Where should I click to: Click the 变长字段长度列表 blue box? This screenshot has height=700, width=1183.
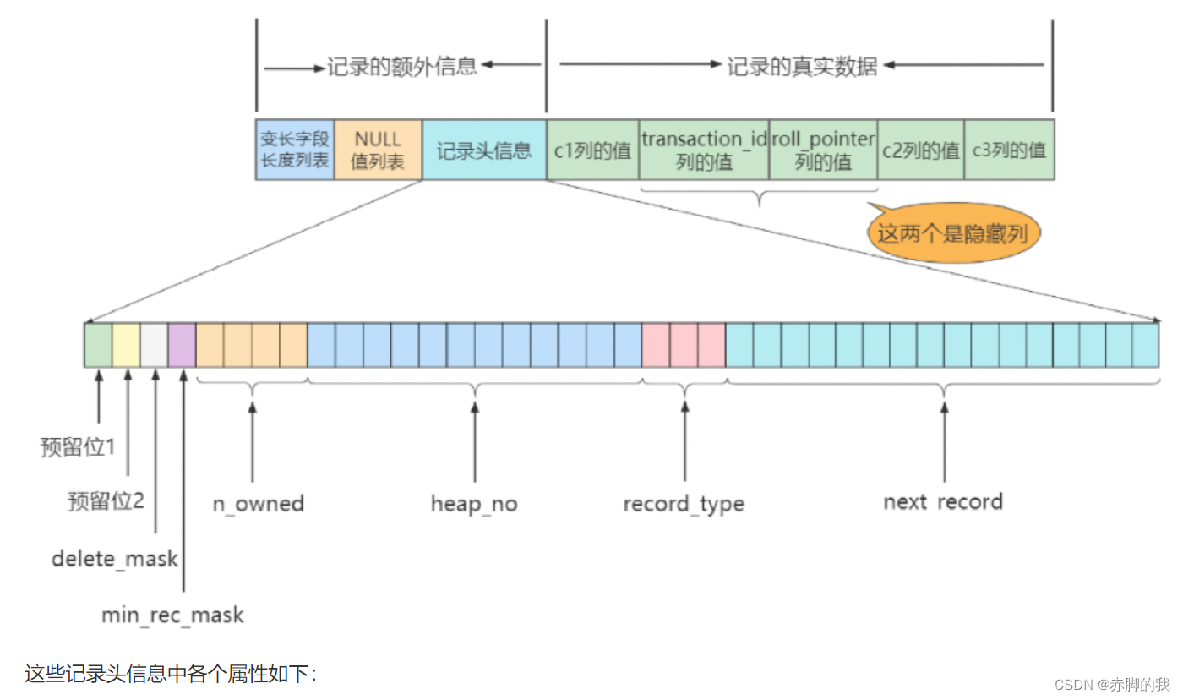coord(294,150)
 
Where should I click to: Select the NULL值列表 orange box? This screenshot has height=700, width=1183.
coord(378,150)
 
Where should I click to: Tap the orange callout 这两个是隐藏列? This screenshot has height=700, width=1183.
coord(953,232)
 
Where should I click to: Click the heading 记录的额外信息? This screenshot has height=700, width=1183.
coord(401,67)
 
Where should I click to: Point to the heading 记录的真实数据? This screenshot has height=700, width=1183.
coord(802,67)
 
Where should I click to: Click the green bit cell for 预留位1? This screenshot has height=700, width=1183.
coord(98,345)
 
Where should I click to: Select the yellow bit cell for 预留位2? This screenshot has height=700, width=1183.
coord(126,345)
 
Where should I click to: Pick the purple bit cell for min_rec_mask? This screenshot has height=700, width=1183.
coord(182,345)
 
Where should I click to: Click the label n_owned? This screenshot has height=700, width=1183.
coord(258,504)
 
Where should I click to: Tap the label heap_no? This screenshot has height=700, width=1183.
coord(474,504)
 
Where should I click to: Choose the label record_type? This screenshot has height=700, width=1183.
coord(684,504)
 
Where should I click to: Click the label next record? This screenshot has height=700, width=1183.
coord(943,501)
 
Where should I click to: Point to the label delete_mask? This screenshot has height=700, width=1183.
coord(115,559)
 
